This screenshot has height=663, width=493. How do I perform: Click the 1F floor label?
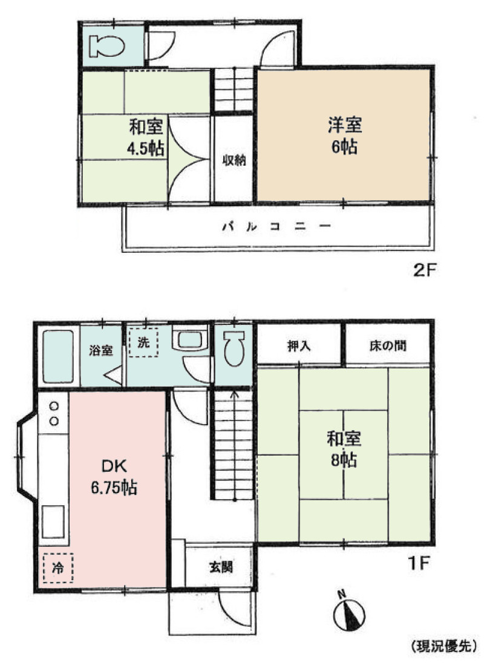[x=417, y=564]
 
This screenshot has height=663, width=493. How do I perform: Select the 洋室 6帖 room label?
[x=344, y=137]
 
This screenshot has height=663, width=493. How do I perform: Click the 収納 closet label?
[x=233, y=160]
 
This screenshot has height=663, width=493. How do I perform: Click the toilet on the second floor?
[x=106, y=46]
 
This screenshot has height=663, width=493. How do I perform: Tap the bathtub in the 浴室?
[x=57, y=356]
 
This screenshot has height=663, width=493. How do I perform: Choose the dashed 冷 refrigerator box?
[x=57, y=568]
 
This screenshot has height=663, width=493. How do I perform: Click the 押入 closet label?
[x=299, y=347]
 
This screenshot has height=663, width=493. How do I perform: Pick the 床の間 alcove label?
[x=387, y=347]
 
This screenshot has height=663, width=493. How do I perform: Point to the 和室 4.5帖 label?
[x=146, y=139]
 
